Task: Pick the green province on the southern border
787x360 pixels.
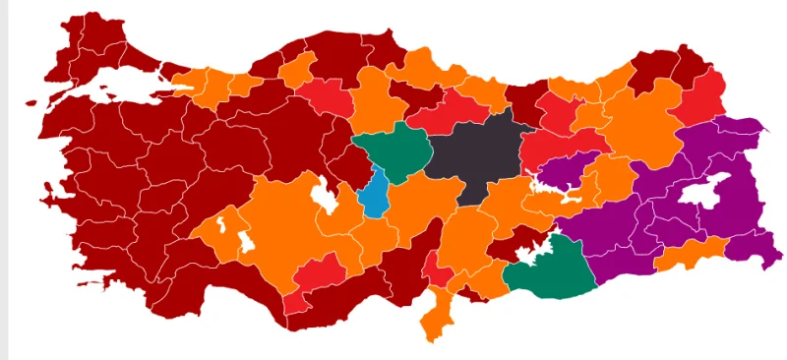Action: (551, 268)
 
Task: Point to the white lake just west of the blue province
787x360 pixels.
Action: (322, 197)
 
